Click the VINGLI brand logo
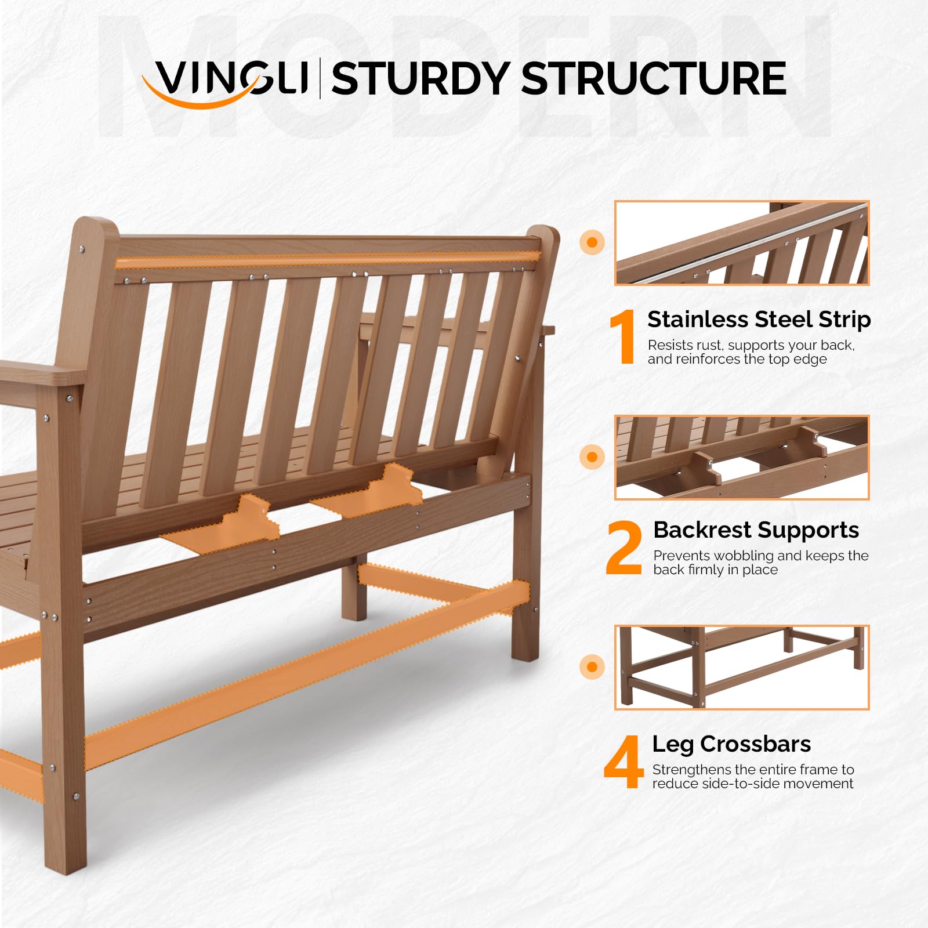[226, 81]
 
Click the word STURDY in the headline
[420, 79]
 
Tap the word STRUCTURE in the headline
[654, 79]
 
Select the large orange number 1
[623, 337]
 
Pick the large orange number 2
[624, 548]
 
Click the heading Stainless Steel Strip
[759, 320]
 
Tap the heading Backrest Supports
[756, 530]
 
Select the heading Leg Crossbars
[731, 744]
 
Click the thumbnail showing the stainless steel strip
[742, 243]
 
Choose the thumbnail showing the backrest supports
[742, 458]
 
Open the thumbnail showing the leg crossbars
[742, 667]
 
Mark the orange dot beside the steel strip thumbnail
[592, 242]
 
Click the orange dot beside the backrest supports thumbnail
[592, 457]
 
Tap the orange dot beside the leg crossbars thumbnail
[592, 667]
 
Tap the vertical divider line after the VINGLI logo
[320, 78]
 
